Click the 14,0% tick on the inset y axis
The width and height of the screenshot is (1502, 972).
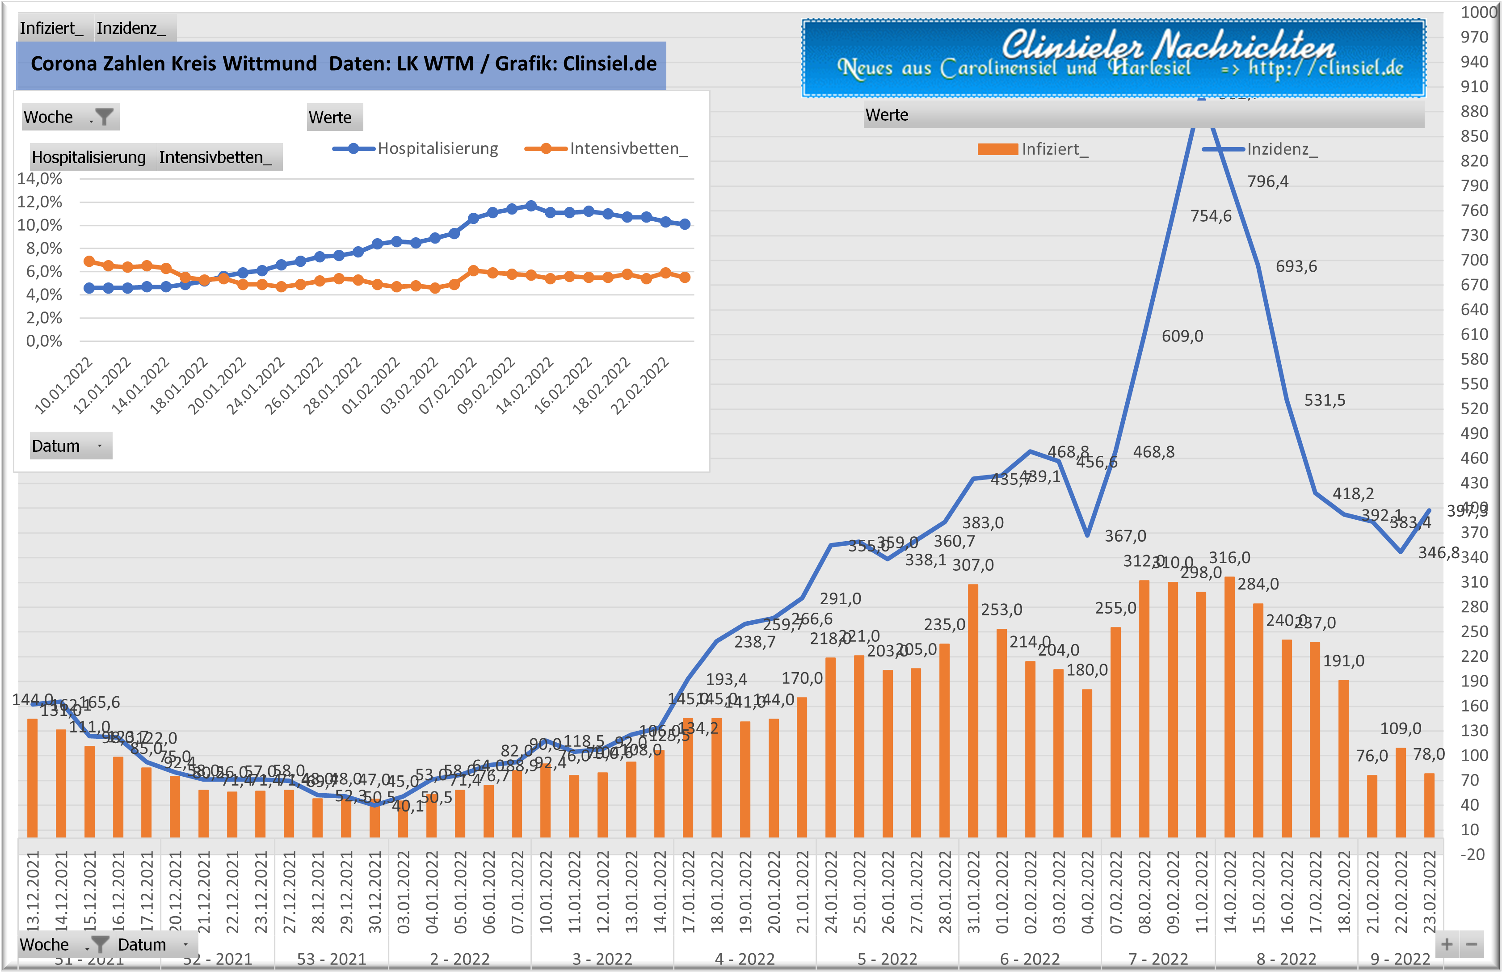[39, 179]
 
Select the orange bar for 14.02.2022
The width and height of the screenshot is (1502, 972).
[1229, 707]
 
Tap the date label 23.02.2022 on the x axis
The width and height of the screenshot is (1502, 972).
[1430, 891]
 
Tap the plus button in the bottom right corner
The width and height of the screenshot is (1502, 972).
[1447, 945]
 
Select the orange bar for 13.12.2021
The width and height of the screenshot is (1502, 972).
[32, 778]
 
